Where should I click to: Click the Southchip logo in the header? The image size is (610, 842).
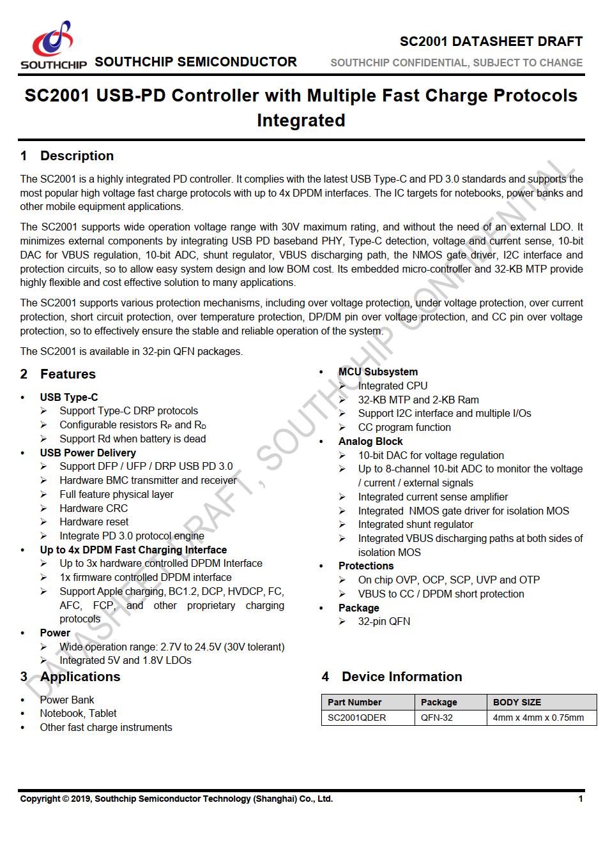click(54, 45)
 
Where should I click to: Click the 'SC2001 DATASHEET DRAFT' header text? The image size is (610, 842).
click(491, 41)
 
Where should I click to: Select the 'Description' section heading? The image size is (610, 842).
click(77, 156)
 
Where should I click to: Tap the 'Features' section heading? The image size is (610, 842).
click(68, 374)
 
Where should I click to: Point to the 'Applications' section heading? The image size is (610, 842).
click(80, 677)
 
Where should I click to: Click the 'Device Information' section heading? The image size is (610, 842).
click(401, 677)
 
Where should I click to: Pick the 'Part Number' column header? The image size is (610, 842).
click(355, 702)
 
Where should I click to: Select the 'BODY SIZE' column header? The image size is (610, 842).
click(517, 702)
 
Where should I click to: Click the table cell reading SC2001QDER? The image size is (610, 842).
click(357, 718)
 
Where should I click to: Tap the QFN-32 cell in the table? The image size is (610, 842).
click(437, 718)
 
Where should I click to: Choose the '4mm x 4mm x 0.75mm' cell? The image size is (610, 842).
click(538, 718)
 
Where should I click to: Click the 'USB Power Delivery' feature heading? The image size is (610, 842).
click(88, 453)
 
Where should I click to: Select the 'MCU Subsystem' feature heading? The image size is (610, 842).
click(378, 372)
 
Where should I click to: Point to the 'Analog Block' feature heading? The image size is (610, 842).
click(370, 441)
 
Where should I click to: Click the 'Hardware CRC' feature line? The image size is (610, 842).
click(94, 508)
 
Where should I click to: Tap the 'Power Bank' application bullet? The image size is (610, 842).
click(67, 700)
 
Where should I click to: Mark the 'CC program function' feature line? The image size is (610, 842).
click(404, 427)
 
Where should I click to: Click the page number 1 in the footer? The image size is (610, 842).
click(581, 799)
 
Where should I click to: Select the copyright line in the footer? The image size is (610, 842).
click(176, 799)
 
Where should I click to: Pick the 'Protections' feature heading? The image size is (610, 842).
click(366, 566)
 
